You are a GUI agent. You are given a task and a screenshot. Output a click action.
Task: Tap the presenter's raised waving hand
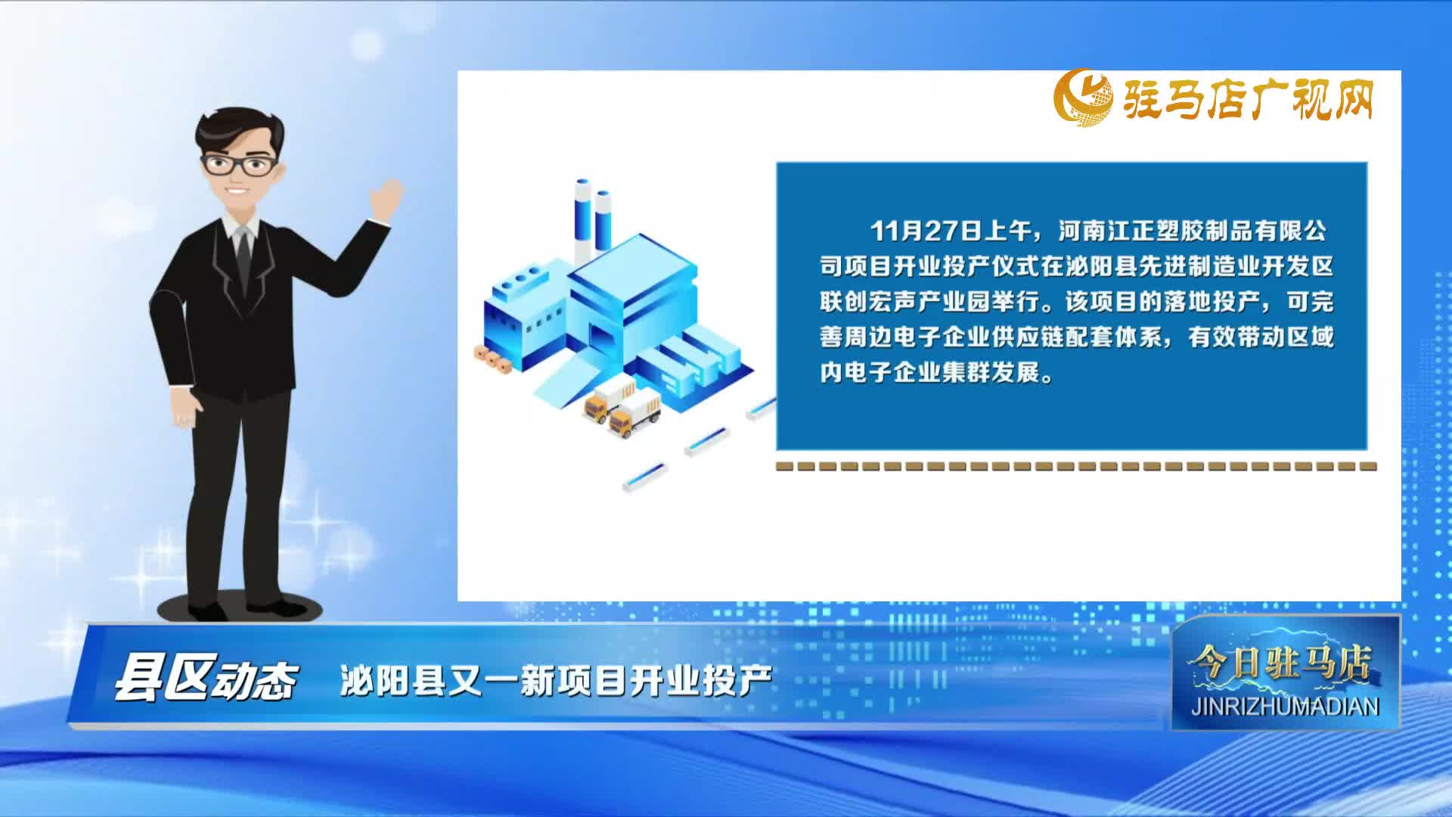386,199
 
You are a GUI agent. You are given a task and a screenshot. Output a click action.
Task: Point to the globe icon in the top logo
1084,98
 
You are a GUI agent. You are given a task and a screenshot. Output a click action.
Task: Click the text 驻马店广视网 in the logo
1248,100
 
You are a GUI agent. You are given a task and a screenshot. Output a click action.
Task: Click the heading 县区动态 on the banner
205,678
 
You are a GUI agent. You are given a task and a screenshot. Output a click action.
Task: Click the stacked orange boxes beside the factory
492,359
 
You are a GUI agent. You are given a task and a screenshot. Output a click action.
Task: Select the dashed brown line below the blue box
1074,467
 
